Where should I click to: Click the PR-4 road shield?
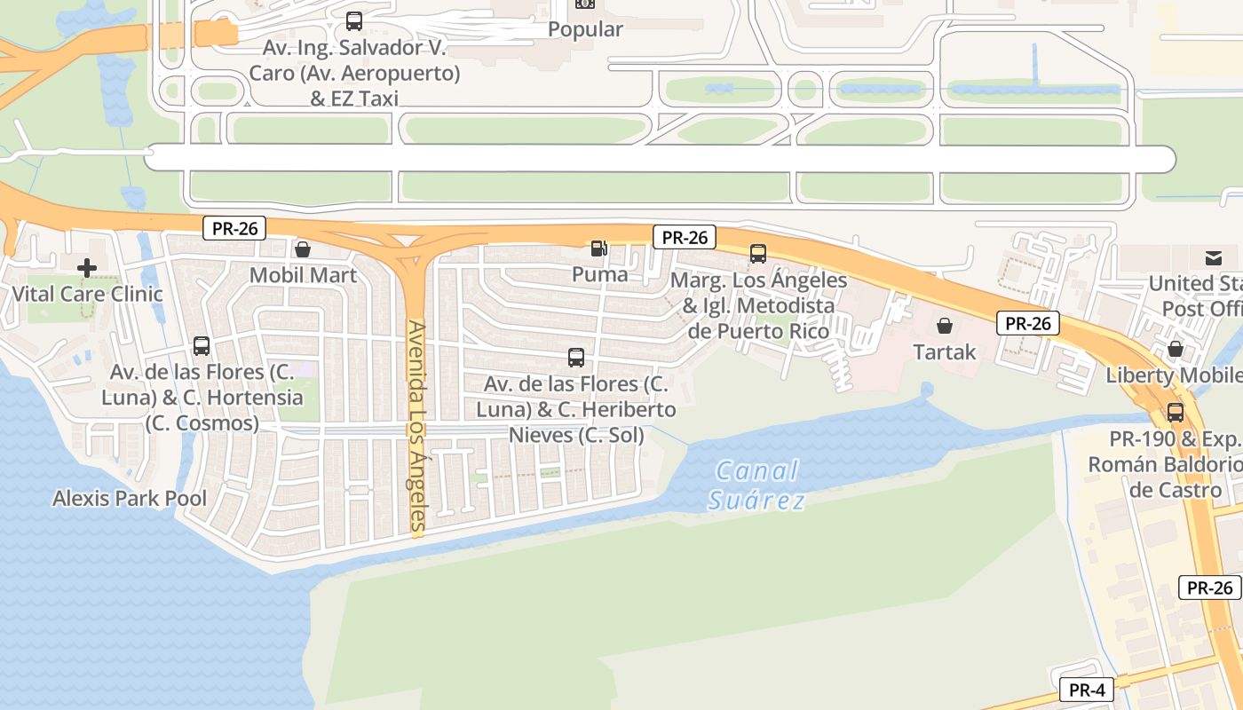(1086, 690)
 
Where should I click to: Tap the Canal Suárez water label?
(756, 485)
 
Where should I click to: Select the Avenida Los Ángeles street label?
(417, 429)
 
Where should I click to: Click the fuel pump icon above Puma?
(600, 249)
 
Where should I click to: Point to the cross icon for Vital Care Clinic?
(87, 267)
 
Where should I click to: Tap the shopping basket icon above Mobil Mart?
(303, 249)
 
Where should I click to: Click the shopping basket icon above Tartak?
(945, 326)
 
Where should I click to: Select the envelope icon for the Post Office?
(1214, 258)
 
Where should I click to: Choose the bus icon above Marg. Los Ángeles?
(758, 254)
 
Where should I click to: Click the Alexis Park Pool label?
(130, 498)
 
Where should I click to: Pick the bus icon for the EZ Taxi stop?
(354, 21)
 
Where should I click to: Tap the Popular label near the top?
(585, 29)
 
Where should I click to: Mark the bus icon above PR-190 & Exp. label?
(1176, 413)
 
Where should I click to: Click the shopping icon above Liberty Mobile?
(1176, 349)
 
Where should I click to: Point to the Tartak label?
(945, 351)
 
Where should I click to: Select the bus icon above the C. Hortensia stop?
(202, 346)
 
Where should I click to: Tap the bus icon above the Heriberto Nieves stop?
(576, 358)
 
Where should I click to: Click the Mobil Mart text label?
(303, 275)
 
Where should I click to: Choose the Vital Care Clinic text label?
(87, 294)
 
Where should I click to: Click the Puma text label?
(600, 274)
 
